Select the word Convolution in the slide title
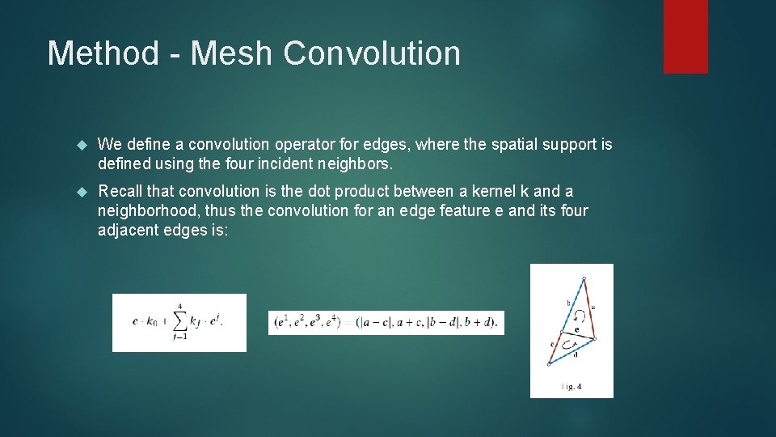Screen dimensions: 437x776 pyautogui.click(x=372, y=53)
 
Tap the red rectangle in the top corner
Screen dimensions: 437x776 pyautogui.click(x=685, y=36)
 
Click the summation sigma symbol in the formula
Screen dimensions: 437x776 pyautogui.click(x=179, y=320)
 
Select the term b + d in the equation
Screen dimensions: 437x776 pyautogui.click(x=479, y=322)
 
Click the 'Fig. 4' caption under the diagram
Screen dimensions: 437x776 pyautogui.click(x=571, y=387)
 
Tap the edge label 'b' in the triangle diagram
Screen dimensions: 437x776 pyautogui.click(x=568, y=303)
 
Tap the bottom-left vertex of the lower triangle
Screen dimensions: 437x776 pyautogui.click(x=549, y=364)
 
